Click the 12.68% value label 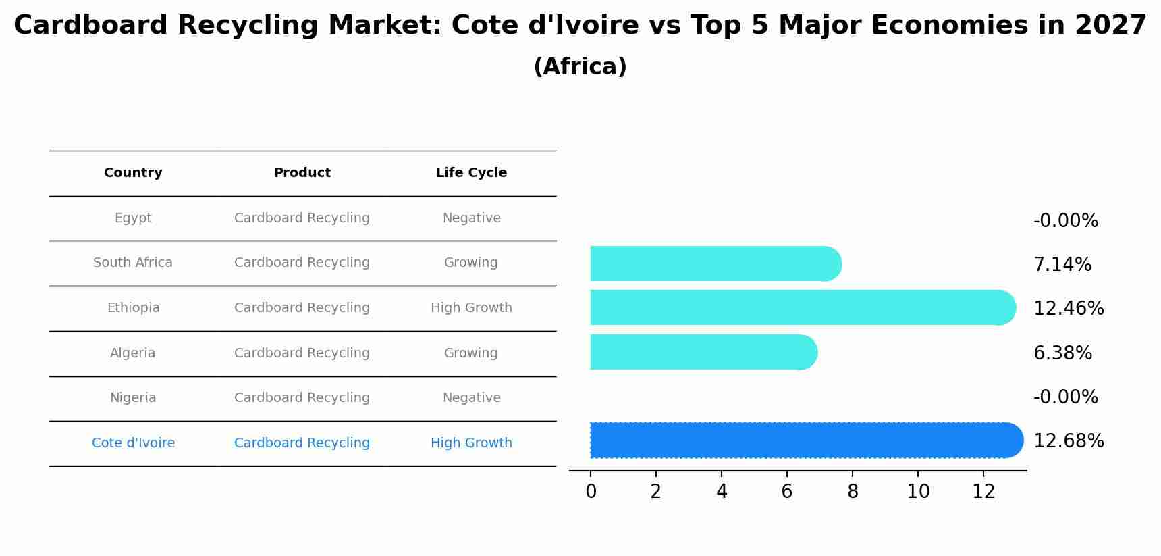click(x=1069, y=441)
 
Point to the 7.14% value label click(x=1062, y=265)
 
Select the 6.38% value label click(x=1062, y=353)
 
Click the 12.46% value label click(x=1069, y=309)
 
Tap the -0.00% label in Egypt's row click(x=1065, y=221)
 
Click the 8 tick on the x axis click(x=853, y=492)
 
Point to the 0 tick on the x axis click(x=591, y=492)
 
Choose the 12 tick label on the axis click(x=983, y=492)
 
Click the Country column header click(x=133, y=173)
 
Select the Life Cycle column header click(x=471, y=173)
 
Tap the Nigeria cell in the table click(x=133, y=398)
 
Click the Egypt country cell click(x=133, y=218)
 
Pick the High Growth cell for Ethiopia click(x=471, y=308)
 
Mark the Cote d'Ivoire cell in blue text click(x=133, y=443)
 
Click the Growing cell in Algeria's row click(x=470, y=353)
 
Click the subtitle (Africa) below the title click(x=580, y=67)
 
